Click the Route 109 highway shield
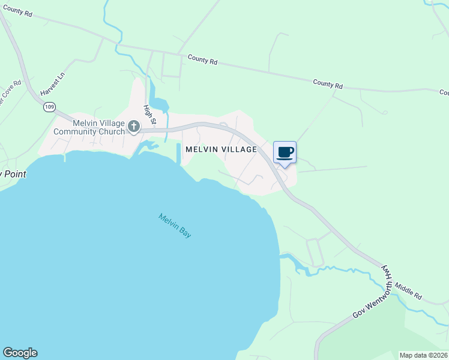[x=49, y=107]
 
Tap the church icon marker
[x=133, y=127]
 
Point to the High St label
[x=149, y=115]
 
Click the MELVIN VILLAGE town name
[x=221, y=149]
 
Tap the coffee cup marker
[x=285, y=152]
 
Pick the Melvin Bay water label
[x=175, y=226]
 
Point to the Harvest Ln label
[x=52, y=86]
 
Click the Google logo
[x=20, y=353]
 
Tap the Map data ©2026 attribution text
[x=423, y=355]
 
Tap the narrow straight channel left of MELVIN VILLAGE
[x=179, y=154]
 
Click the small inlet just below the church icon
[x=144, y=146]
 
